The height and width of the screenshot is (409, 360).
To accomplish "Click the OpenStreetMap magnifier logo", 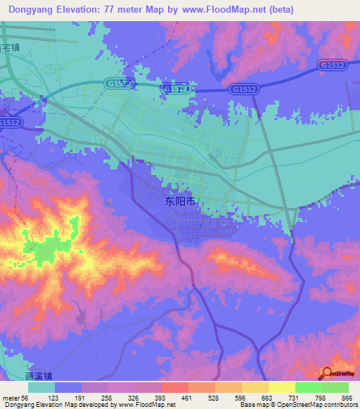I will click(327, 374).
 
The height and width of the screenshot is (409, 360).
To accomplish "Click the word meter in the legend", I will click(11, 398).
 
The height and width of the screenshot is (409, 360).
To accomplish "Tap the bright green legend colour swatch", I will click(308, 387).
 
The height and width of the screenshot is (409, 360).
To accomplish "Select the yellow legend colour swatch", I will click(281, 387).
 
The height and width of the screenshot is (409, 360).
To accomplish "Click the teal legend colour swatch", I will click(41, 387).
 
